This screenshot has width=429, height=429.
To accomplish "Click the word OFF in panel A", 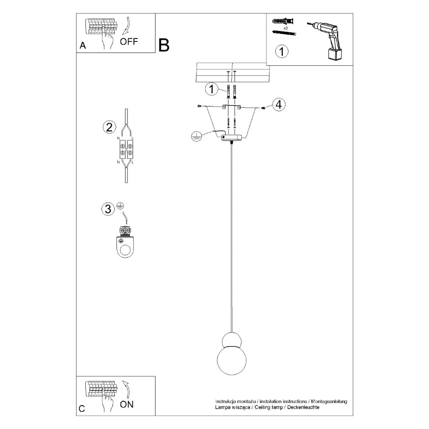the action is (x=129, y=41).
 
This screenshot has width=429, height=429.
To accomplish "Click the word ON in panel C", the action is (x=127, y=404).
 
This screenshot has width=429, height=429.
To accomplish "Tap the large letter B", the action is (x=164, y=45).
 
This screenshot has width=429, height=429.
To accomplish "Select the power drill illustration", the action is (x=325, y=41).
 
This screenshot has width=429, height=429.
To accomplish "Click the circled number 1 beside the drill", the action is (x=282, y=52).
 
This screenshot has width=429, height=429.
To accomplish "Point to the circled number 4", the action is (x=279, y=104).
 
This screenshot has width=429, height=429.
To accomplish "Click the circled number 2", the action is (x=109, y=127).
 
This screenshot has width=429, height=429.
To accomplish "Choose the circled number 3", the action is (x=108, y=209).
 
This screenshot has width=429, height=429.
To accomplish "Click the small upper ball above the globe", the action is (x=232, y=340).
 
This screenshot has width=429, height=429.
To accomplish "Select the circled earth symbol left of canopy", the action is (x=196, y=136).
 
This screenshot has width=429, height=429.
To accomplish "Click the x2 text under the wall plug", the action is (x=286, y=28).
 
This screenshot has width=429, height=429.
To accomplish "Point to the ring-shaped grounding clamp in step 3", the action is (x=125, y=242).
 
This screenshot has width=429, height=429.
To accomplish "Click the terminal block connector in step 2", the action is (x=126, y=150).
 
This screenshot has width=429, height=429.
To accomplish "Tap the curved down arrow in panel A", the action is (x=127, y=26).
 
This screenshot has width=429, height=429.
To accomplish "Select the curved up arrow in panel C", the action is (x=127, y=389).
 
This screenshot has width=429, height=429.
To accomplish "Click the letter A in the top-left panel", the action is (x=83, y=45).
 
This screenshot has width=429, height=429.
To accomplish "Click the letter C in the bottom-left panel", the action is (x=82, y=409).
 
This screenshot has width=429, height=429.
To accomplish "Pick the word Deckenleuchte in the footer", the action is (x=303, y=407).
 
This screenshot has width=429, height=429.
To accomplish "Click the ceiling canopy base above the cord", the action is (x=232, y=137).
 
